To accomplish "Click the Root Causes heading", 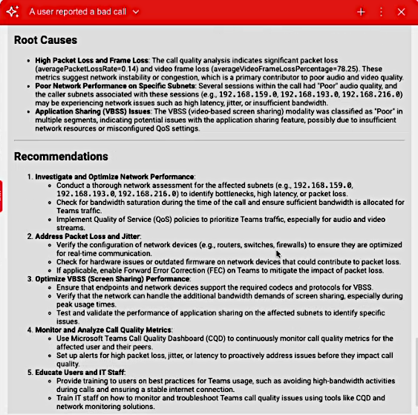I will tap(45, 40).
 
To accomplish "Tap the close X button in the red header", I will tap(402, 12).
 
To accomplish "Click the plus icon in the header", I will tap(361, 12).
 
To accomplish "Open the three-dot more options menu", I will tap(381, 12).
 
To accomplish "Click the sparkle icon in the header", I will tap(13, 12).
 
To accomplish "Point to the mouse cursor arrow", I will tap(278, 255).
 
